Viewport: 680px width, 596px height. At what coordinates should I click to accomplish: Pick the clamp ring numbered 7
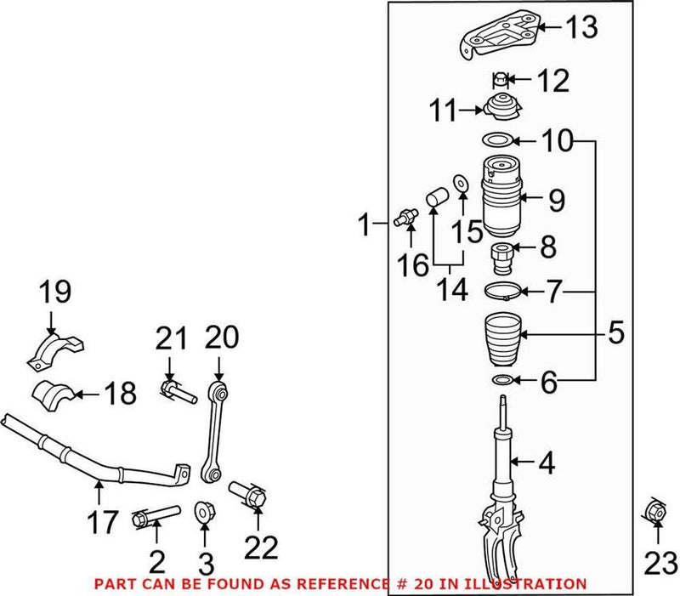coord(504,292)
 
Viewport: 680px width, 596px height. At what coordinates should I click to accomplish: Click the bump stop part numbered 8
coord(500,253)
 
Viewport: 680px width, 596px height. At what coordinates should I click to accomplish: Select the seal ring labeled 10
coord(497,139)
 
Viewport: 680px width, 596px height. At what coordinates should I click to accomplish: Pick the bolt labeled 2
coord(156,516)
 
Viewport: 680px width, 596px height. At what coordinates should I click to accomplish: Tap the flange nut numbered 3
coord(204,513)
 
